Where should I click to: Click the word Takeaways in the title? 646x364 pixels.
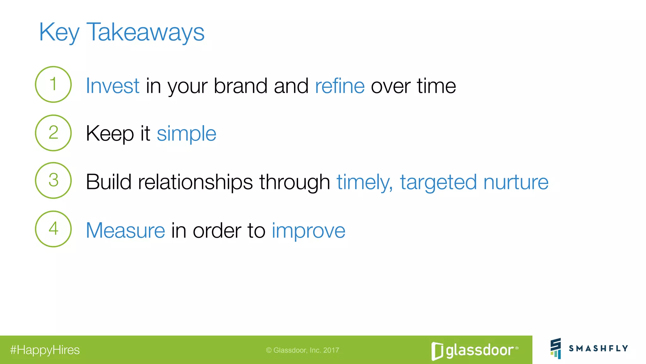[145, 32]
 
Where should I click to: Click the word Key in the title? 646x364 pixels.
[59, 32]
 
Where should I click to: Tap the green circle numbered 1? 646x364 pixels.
[53, 84]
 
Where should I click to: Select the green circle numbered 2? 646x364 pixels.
[53, 133]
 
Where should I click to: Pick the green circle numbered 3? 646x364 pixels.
[53, 180]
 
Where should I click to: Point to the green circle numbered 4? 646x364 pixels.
[53, 229]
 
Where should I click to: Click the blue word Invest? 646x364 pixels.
[112, 86]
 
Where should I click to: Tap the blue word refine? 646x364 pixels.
[340, 86]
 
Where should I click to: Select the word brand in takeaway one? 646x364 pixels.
[240, 86]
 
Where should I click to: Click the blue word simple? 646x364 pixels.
[186, 134]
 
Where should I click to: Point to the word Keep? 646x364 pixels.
[110, 134]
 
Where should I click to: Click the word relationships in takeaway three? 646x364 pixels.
[195, 182]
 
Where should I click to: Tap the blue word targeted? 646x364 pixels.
[438, 182]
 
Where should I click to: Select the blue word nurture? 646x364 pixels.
[516, 182]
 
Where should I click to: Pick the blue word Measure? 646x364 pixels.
[125, 230]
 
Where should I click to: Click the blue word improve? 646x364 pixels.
[308, 230]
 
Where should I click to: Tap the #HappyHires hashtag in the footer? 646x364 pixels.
[45, 350]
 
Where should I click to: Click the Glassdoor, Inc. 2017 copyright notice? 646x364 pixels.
[302, 350]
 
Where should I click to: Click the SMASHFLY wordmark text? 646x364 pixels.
[598, 349]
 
